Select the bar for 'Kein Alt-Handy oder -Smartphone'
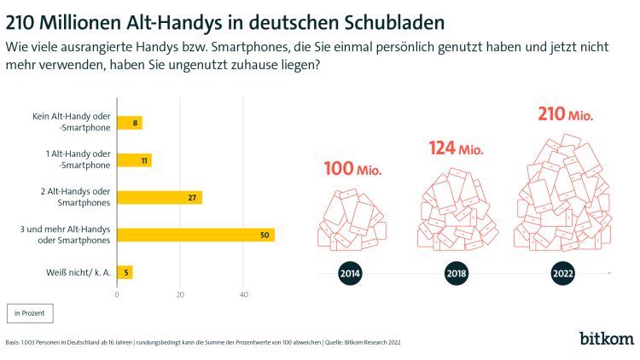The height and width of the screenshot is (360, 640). click(x=129, y=123)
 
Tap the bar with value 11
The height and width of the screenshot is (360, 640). click(x=134, y=160)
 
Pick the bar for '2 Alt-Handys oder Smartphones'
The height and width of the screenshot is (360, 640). click(x=159, y=198)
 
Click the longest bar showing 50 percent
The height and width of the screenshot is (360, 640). click(x=195, y=235)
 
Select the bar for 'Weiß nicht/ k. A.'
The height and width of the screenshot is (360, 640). click(x=125, y=272)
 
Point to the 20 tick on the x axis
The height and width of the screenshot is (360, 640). click(x=180, y=295)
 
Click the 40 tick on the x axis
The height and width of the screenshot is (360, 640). click(x=244, y=295)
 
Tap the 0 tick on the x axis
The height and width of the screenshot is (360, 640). click(x=117, y=295)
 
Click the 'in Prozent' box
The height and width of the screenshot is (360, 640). click(x=30, y=314)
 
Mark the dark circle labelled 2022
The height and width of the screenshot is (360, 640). click(x=561, y=274)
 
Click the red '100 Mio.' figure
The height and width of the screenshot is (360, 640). click(x=352, y=169)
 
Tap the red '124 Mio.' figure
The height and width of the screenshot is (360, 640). click(x=456, y=149)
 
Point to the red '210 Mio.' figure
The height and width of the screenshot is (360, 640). click(x=564, y=113)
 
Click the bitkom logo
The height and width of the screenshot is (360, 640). click(x=607, y=338)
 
